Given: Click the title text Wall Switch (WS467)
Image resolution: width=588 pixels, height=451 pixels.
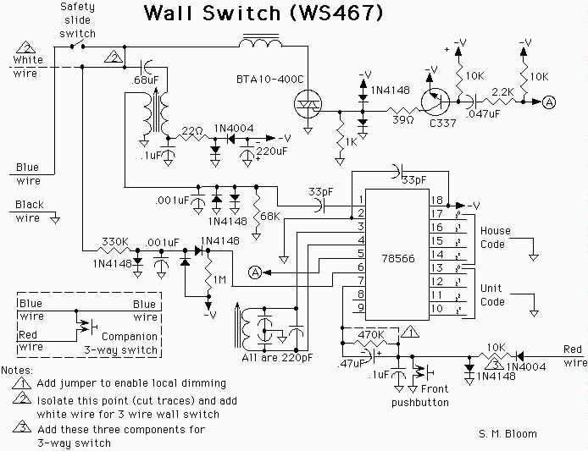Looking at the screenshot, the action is (x=263, y=13).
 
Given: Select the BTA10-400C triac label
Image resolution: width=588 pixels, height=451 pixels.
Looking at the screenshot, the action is (x=269, y=80).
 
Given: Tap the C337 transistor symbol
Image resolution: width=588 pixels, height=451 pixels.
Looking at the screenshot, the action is (x=435, y=102).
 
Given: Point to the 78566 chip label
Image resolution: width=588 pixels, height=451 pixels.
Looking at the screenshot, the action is (x=398, y=258).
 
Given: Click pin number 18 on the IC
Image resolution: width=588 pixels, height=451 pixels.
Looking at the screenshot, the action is (x=437, y=201).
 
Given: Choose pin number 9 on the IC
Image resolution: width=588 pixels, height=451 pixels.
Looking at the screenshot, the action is (x=361, y=307).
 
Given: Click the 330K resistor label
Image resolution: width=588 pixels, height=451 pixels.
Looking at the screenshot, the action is (x=114, y=242).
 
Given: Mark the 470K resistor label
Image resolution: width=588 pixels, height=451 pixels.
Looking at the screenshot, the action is (x=371, y=334).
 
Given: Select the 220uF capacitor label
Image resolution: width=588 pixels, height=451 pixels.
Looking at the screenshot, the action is (x=271, y=151).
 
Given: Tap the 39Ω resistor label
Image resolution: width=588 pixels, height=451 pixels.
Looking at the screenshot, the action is (x=403, y=120).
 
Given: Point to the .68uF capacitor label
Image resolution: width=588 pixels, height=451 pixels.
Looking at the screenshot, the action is (x=145, y=80).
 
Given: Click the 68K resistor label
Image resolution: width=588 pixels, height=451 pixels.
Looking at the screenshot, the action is (x=269, y=217).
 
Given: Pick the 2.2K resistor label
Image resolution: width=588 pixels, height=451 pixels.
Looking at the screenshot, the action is (x=502, y=91).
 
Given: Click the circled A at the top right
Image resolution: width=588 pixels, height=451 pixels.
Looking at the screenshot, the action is (x=549, y=102).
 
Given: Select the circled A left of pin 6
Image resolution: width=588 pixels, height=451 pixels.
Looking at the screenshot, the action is (x=255, y=272).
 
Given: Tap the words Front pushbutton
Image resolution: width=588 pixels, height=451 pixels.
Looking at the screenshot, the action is (x=420, y=395).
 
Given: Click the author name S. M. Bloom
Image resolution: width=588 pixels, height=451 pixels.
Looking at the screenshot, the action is (x=508, y=434).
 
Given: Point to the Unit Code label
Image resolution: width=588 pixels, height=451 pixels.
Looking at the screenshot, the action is (x=492, y=294).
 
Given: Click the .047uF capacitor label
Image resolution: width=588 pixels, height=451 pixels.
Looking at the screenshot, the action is (x=483, y=114).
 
